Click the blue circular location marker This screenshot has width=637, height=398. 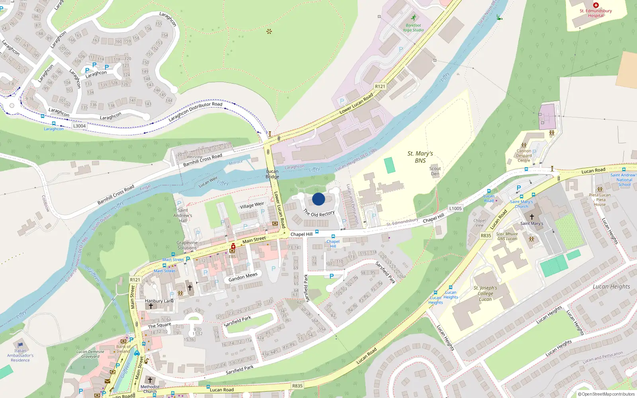pyautogui.click(x=318, y=199)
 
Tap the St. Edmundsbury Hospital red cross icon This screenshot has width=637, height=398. pyautogui.click(x=596, y=5)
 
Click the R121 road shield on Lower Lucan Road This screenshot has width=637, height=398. pyautogui.click(x=380, y=86)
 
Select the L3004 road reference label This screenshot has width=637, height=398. pyautogui.click(x=79, y=126)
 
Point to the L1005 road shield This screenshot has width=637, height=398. pyautogui.click(x=455, y=208)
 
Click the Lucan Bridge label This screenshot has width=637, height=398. pyautogui.click(x=272, y=174)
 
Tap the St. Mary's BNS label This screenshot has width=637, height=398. pyautogui.click(x=420, y=157)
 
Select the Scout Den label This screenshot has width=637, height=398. pyautogui.click(x=435, y=171)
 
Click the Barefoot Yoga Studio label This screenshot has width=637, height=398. pyautogui.click(x=413, y=27)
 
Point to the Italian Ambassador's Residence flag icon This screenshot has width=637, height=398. pyautogui.click(x=20, y=345)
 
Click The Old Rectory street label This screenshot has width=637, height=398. pyautogui.click(x=319, y=213)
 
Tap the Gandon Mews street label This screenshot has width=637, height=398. pyautogui.click(x=243, y=277)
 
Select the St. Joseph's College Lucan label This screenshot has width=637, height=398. pyautogui.click(x=485, y=293)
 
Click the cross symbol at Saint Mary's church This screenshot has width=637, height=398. pyautogui.click(x=531, y=217)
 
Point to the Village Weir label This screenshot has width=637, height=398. pyautogui.click(x=252, y=205)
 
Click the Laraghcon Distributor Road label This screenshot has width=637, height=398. pyautogui.click(x=195, y=112)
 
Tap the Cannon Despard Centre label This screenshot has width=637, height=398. pyautogui.click(x=524, y=156)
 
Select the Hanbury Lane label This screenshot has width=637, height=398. pyautogui.click(x=159, y=301)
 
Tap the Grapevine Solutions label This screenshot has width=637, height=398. pyautogui.click(x=187, y=245)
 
